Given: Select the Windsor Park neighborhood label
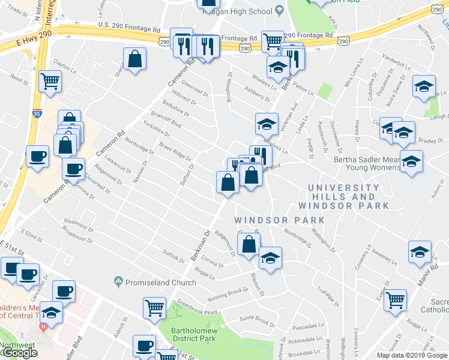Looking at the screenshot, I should coord(280,220).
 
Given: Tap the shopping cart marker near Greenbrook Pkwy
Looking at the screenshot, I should coord(155,308).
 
